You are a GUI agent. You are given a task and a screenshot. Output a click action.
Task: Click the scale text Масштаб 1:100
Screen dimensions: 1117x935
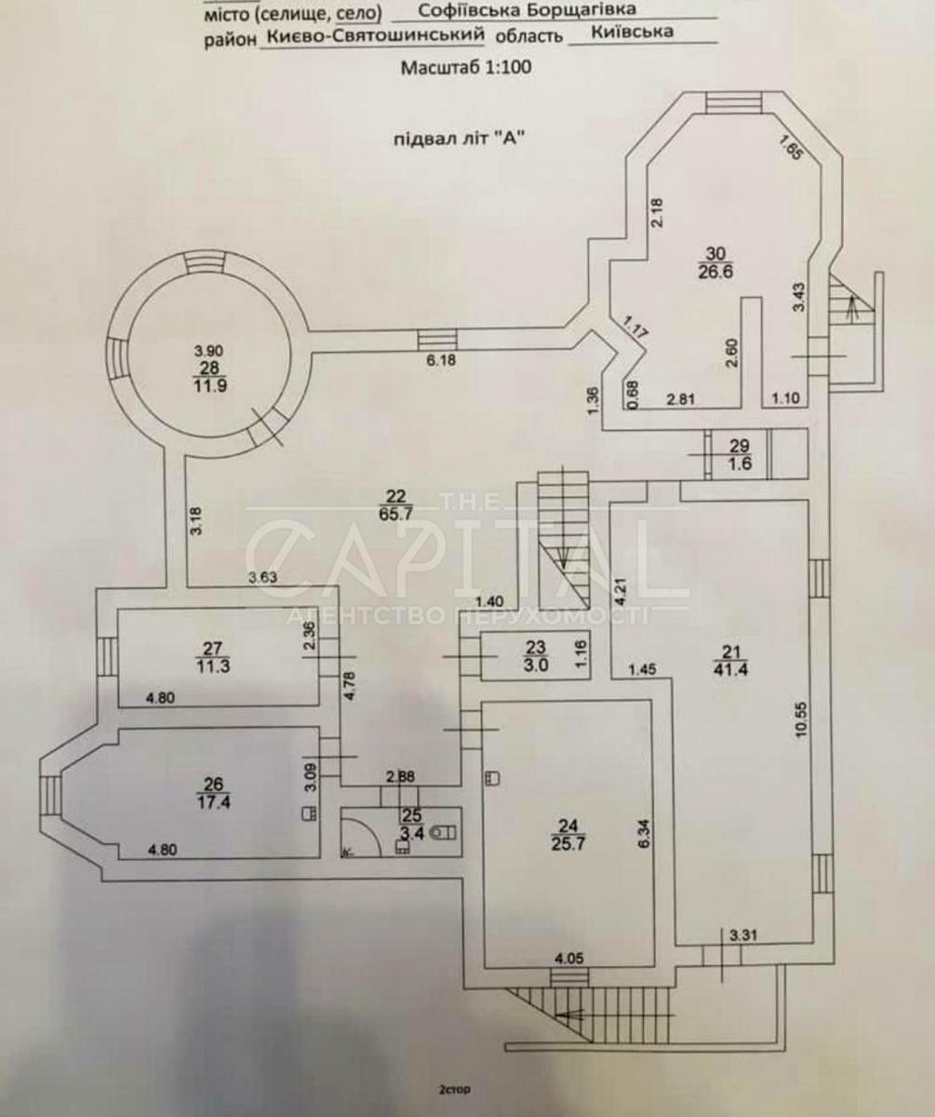click(x=466, y=67)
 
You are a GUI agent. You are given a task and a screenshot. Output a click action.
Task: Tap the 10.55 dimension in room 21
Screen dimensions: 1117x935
click(x=801, y=719)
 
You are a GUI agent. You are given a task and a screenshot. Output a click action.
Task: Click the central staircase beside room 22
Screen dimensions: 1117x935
click(x=564, y=535)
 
